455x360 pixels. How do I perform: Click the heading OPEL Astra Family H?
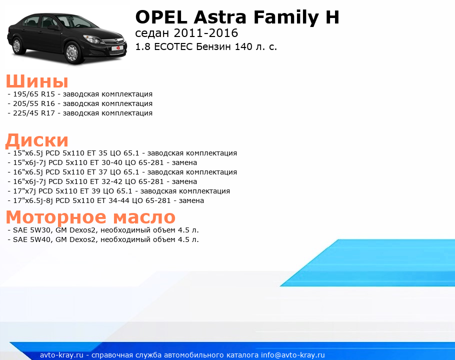point(237,17)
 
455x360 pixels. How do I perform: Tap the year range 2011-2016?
point(205,33)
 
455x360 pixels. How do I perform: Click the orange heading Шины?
point(37,81)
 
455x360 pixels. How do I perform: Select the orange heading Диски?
point(37,140)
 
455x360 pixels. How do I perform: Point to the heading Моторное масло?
point(90,217)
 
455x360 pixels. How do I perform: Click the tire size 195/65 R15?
point(34,94)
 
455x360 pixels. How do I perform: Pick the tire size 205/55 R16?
point(34,103)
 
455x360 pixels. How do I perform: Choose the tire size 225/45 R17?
point(34,113)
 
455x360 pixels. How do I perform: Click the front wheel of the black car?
point(72,52)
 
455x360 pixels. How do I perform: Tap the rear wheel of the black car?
point(17,45)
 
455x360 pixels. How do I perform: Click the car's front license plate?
point(118,48)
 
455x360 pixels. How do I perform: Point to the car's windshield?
point(76,22)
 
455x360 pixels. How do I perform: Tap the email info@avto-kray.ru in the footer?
point(293,355)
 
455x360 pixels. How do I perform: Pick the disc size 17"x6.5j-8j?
point(33,200)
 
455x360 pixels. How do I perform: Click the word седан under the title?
point(152,33)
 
